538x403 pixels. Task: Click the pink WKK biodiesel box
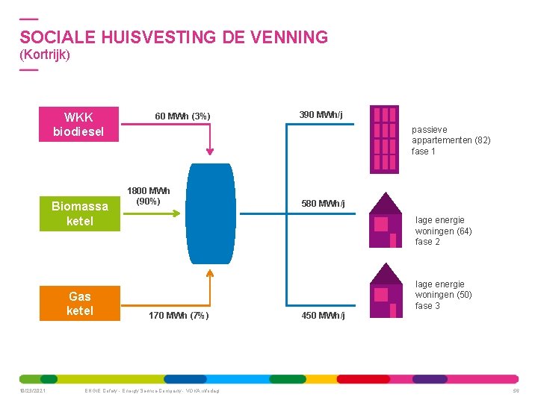click(x=79, y=125)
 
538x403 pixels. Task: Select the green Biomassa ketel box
click(x=79, y=213)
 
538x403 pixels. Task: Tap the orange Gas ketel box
click(x=79, y=303)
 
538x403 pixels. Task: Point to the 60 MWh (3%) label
click(x=182, y=116)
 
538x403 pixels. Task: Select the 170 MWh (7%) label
click(x=179, y=316)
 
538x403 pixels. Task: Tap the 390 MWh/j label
click(x=321, y=114)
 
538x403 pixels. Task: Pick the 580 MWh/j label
click(x=323, y=203)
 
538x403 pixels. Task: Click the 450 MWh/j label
click(x=323, y=316)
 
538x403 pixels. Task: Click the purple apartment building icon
click(x=386, y=140)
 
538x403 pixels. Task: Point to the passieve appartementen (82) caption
click(x=451, y=140)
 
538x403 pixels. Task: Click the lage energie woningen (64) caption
click(x=444, y=231)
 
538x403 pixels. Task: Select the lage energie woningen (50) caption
click(x=444, y=295)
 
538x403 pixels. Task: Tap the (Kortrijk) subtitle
click(x=45, y=55)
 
